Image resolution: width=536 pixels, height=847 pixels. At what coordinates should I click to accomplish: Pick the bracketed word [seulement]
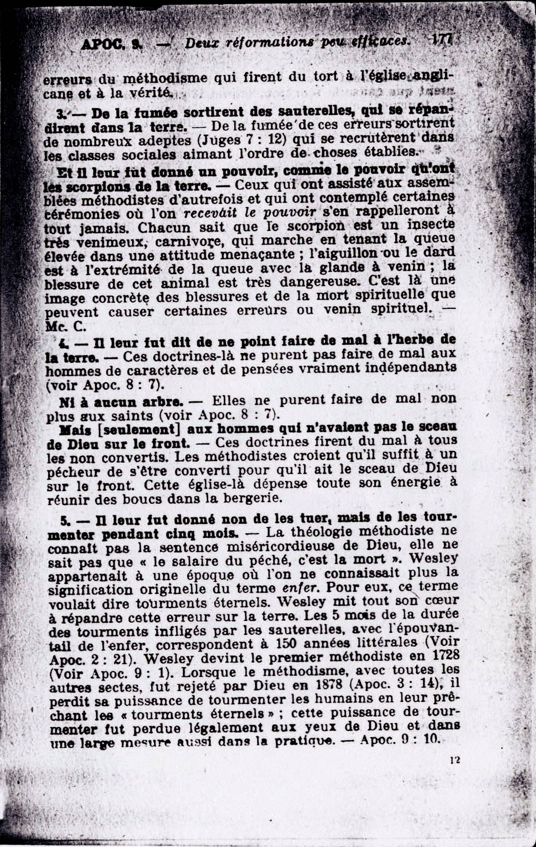(x=138, y=429)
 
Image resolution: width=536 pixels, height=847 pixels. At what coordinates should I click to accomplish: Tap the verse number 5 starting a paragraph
(x=65, y=521)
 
